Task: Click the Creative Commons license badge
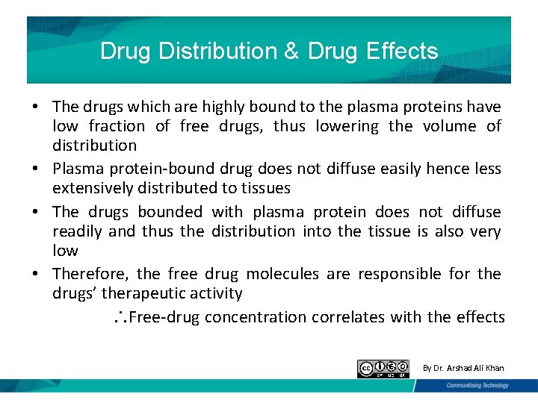383,368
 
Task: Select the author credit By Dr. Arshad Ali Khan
463,368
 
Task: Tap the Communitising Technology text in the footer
477,385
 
